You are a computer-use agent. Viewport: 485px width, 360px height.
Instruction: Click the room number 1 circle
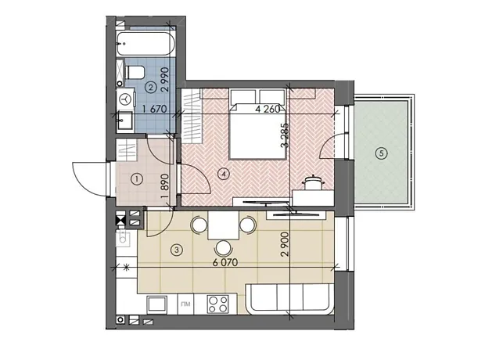click(x=137, y=179)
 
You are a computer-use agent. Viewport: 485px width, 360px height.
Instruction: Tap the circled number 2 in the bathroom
click(x=151, y=88)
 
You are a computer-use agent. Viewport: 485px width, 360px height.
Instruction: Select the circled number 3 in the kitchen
click(x=177, y=250)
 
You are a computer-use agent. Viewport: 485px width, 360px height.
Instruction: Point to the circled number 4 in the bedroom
click(x=224, y=175)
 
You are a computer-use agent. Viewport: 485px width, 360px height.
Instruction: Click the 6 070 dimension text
click(x=225, y=262)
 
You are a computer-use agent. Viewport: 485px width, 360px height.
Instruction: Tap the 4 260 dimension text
click(x=268, y=110)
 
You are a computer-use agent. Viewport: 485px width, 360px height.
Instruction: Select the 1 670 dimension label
click(x=154, y=109)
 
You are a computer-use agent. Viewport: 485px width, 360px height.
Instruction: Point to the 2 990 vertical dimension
click(x=165, y=79)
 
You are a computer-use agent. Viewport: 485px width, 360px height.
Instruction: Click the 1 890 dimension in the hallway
click(x=165, y=186)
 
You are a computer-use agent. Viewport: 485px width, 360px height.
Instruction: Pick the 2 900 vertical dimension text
click(x=285, y=244)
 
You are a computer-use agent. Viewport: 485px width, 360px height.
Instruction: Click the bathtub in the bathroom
click(x=146, y=44)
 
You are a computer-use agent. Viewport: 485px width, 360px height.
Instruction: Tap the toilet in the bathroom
click(x=135, y=73)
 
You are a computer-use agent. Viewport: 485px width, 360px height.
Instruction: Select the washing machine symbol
click(x=126, y=99)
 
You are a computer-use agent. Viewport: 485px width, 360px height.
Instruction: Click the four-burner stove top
click(x=218, y=304)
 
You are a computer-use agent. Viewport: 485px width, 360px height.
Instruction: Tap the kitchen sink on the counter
click(x=156, y=304)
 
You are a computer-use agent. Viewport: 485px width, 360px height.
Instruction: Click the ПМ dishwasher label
click(x=185, y=304)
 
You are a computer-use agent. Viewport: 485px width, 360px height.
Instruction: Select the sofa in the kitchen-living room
click(x=289, y=298)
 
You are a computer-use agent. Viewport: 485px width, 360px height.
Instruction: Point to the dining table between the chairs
click(x=223, y=225)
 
